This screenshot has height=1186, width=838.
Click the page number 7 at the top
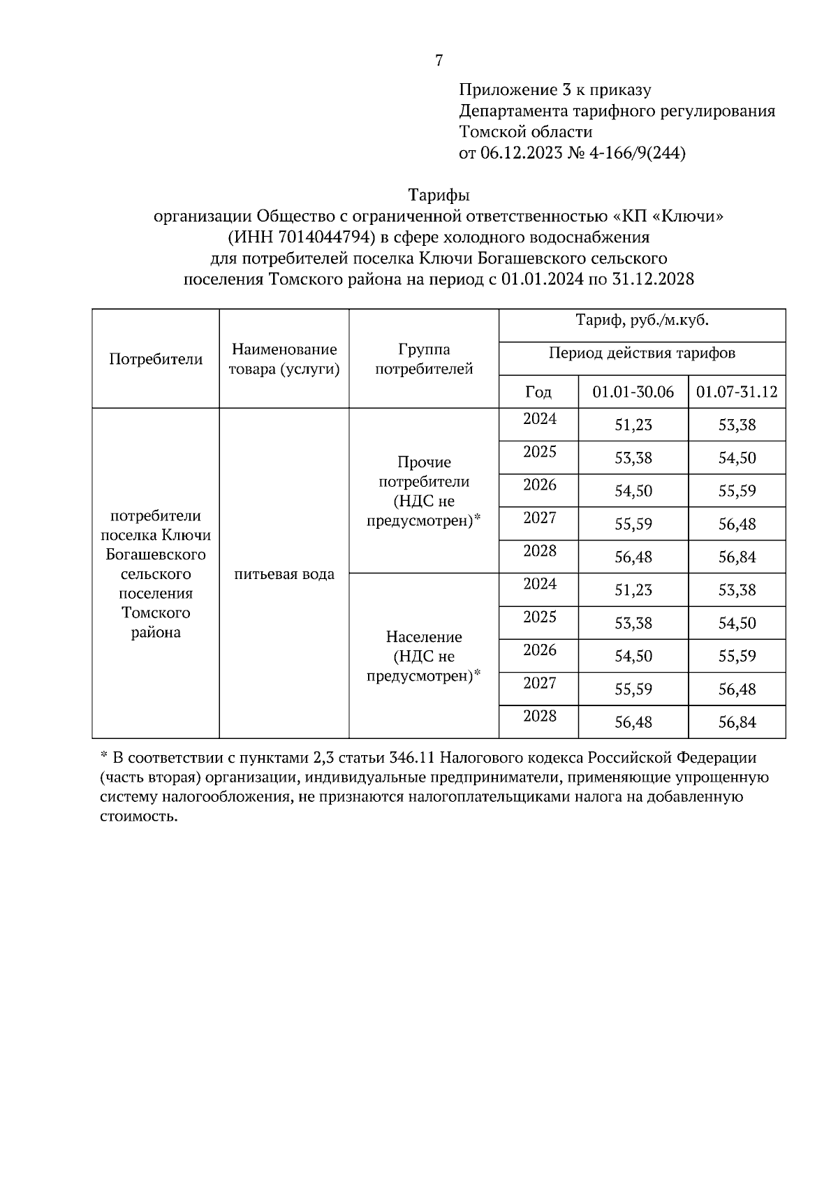click(439, 61)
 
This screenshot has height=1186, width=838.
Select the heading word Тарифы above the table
click(439, 195)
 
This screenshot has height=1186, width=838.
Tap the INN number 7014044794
click(321, 237)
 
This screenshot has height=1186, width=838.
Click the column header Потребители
click(156, 360)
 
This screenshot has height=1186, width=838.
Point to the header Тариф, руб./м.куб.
click(642, 322)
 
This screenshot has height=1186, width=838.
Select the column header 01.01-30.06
click(633, 392)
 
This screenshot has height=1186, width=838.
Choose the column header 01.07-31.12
click(737, 392)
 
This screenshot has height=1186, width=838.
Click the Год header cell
click(538, 392)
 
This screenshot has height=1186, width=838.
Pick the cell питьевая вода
click(284, 574)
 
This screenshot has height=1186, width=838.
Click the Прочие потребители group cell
click(424, 491)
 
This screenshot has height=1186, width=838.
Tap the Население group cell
click(424, 656)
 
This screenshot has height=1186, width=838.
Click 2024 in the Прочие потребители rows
click(540, 419)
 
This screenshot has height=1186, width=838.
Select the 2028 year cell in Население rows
click(540, 716)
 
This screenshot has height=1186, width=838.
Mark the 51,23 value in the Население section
click(633, 590)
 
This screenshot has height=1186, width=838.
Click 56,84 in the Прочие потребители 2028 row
click(737, 557)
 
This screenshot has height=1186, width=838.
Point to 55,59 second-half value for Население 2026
click(737, 657)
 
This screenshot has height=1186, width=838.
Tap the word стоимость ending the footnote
click(138, 817)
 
